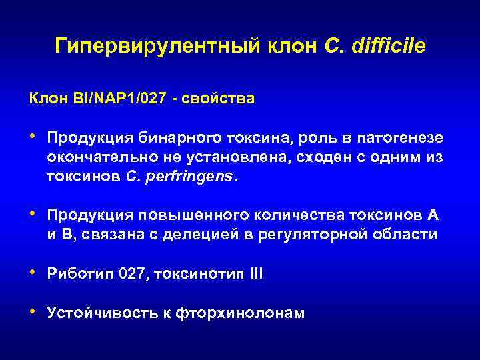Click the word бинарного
coord(175,137)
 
